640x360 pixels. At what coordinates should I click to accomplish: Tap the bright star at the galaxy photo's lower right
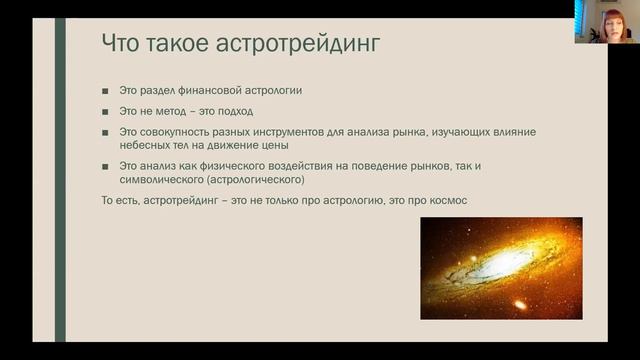pyautogui.click(x=519, y=303)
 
